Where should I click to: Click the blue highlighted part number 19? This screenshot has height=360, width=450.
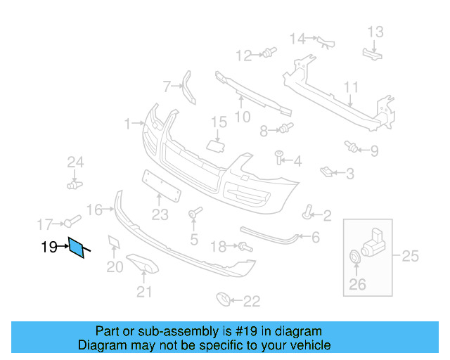(77, 248)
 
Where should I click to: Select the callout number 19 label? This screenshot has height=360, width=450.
(49, 247)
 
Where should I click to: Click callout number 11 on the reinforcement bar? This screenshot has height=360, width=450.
(351, 87)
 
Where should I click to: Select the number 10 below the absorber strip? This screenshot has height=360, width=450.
(242, 117)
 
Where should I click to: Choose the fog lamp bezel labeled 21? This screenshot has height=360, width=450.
(144, 264)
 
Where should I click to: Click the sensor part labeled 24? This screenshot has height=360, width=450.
(74, 184)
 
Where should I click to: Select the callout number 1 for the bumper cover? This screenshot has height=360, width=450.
(128, 124)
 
